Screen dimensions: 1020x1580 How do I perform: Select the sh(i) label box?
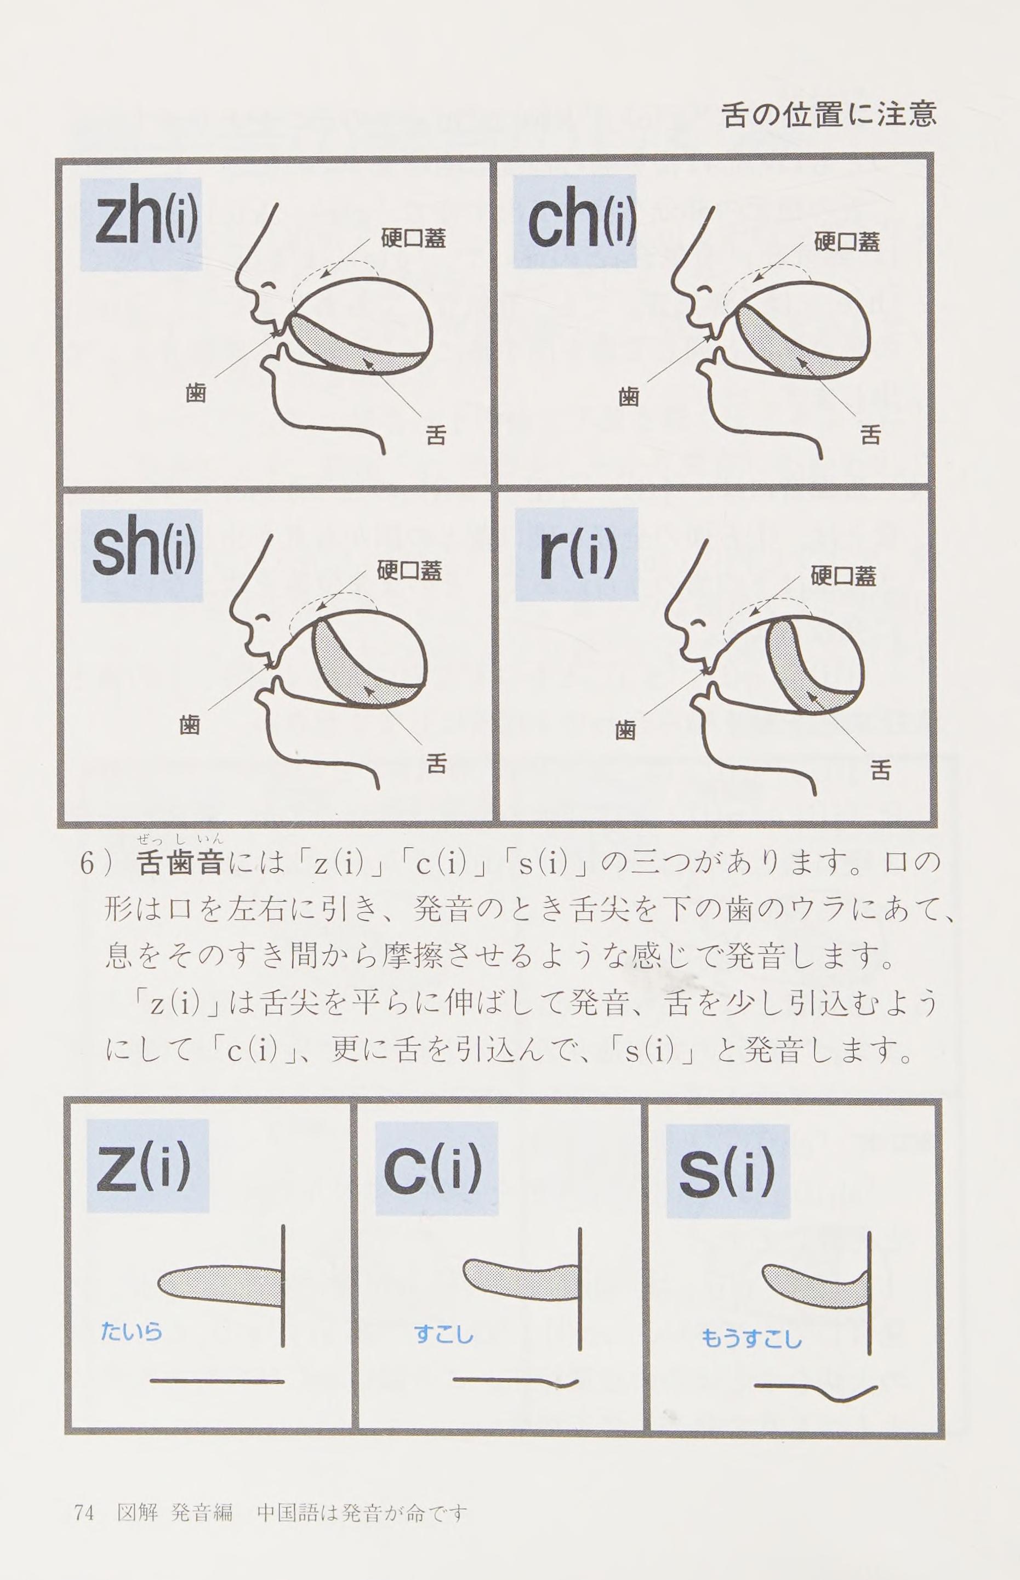click(141, 555)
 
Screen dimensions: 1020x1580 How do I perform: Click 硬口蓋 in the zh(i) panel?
click(413, 238)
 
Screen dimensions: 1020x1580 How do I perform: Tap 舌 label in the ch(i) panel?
click(870, 435)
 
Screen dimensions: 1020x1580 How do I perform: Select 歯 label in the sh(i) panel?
click(190, 725)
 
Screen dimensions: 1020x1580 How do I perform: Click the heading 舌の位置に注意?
click(829, 113)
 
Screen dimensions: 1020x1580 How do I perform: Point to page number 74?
click(84, 1489)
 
